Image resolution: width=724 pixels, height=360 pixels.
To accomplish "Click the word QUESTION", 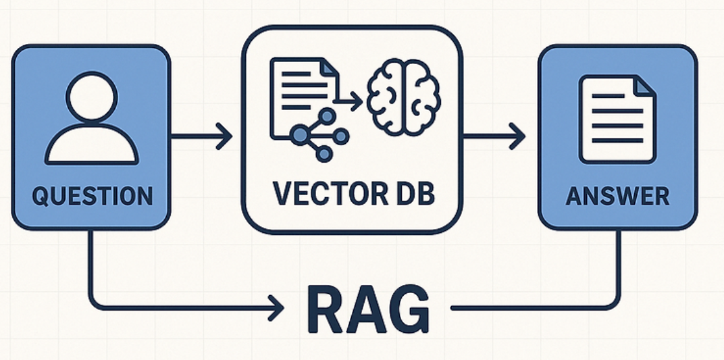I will [92, 196].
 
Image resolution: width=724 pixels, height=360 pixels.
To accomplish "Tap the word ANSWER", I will [617, 196].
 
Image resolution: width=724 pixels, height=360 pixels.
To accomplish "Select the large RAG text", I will [368, 309].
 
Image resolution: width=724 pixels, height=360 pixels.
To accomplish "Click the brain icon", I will [403, 96].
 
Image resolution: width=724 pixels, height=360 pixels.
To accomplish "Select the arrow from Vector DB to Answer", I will [494, 137].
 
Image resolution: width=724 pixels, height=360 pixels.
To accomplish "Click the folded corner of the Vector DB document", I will [328, 68].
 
